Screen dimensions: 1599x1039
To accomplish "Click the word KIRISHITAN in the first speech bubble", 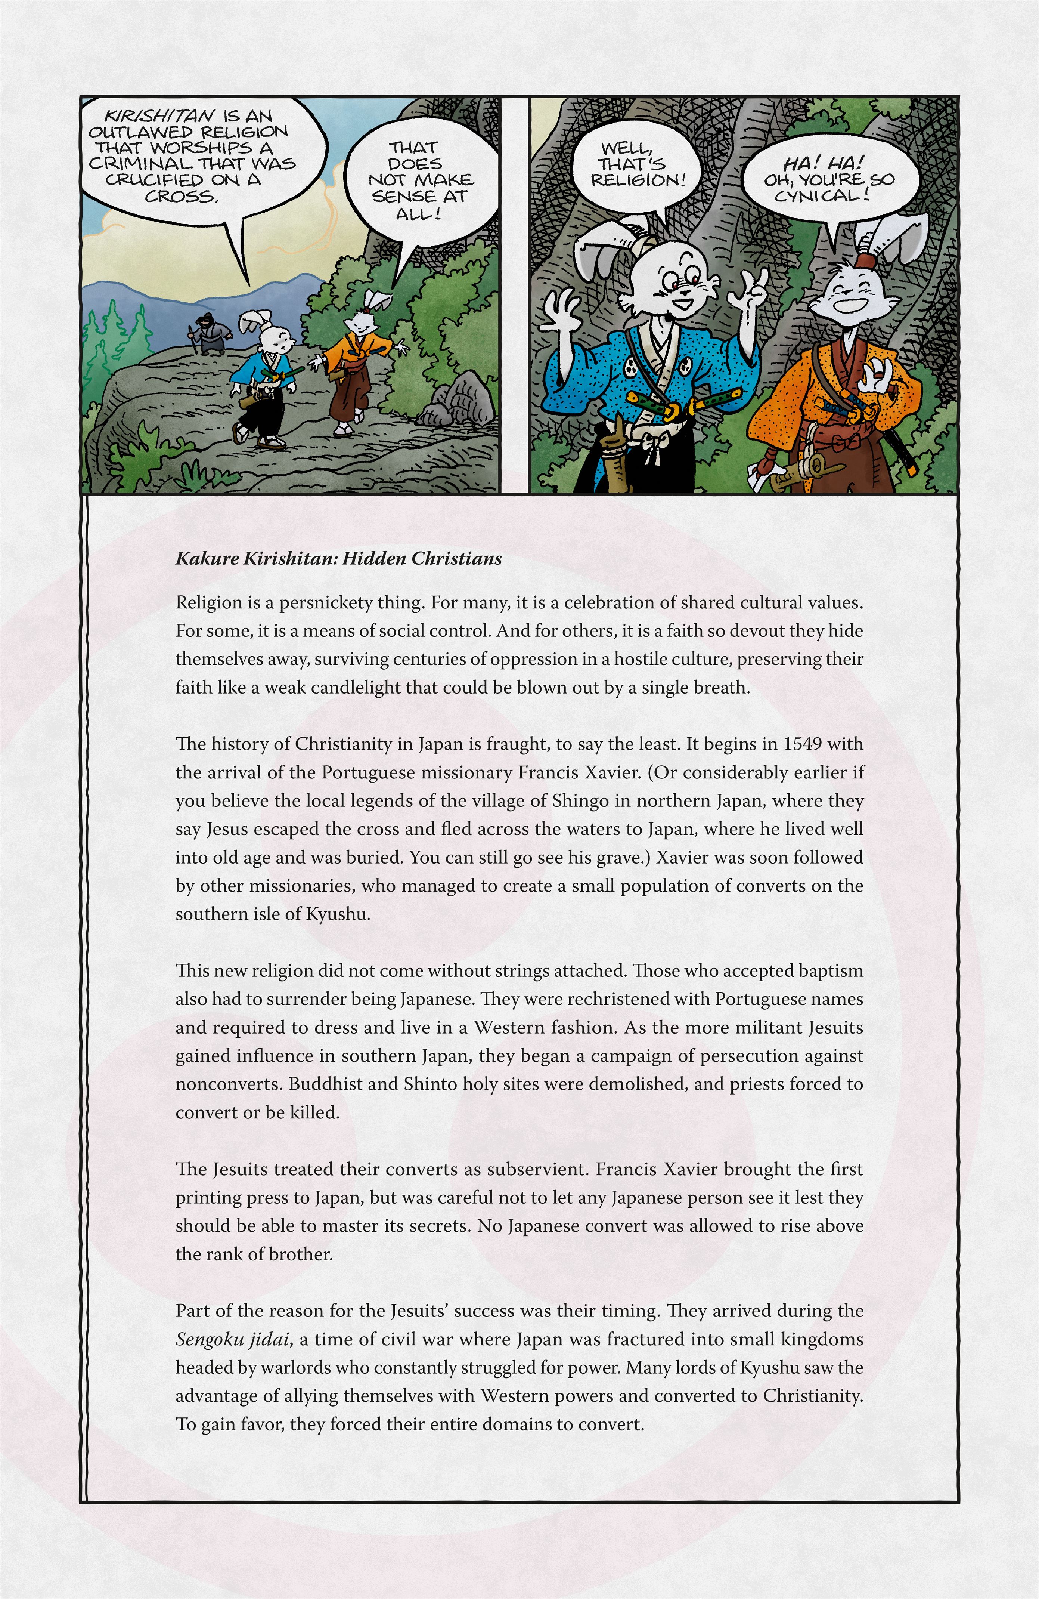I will click(159, 116).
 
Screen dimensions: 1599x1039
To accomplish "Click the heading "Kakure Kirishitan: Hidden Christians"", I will click(338, 559).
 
